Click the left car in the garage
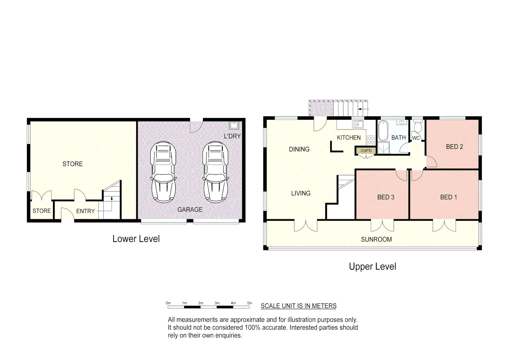tap(163, 172)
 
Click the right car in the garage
tap(215, 172)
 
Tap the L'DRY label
tap(232, 136)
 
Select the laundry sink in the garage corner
tap(234, 125)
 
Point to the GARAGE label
tap(190, 210)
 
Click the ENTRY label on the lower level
tap(85, 211)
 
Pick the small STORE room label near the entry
tap(42, 211)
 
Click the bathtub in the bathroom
tap(383, 131)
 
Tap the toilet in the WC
tap(417, 127)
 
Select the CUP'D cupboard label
tap(366, 151)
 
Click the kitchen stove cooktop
tap(371, 140)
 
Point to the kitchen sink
tap(358, 125)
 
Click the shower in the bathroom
tap(384, 148)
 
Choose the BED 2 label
tap(454, 147)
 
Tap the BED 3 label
tap(386, 197)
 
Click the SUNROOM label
tap(376, 239)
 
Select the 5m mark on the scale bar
tap(249, 303)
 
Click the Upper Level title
tap(372, 267)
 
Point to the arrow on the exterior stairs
tap(363, 109)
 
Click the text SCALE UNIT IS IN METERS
tap(298, 306)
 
